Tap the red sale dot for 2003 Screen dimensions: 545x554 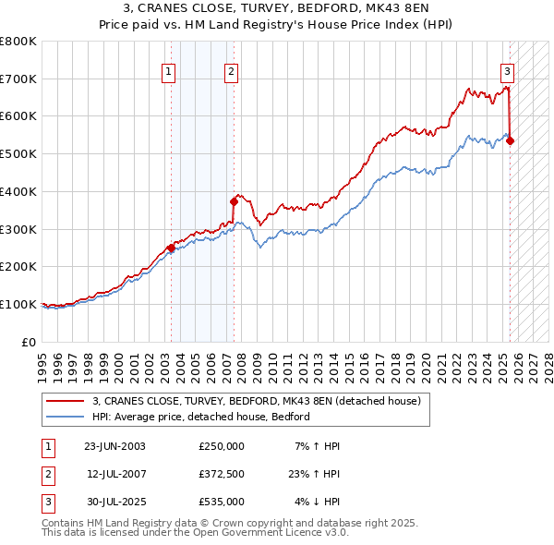(x=171, y=248)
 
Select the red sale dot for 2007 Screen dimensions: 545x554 (x=234, y=201)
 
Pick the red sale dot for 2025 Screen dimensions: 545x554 (x=510, y=140)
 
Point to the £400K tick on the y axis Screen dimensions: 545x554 (x=18, y=191)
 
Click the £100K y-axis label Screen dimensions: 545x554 (x=18, y=304)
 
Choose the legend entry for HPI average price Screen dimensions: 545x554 (x=200, y=417)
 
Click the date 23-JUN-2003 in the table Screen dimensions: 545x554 (x=114, y=446)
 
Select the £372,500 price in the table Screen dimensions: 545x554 (x=221, y=474)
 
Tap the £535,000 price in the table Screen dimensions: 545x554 (x=221, y=502)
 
